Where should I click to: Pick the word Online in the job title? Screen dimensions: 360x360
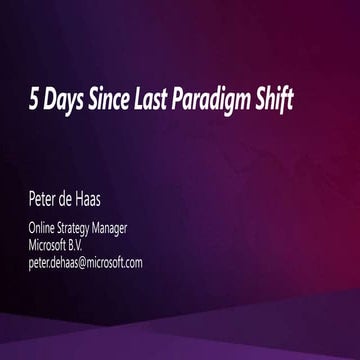[42, 228]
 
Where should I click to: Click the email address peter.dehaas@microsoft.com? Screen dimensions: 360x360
[85, 262]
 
